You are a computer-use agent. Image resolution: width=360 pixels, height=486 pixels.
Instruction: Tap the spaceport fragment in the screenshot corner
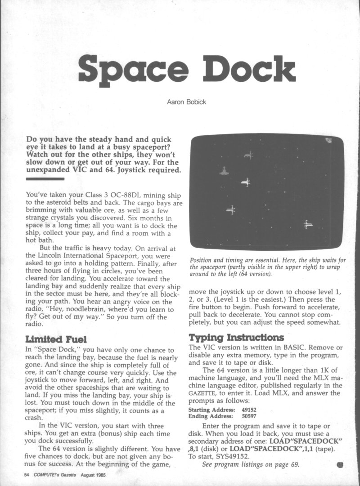click(x=329, y=140)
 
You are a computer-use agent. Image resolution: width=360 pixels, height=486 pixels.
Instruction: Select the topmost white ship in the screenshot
click(x=248, y=155)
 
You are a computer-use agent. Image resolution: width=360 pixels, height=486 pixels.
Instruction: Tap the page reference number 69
click(x=295, y=465)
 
